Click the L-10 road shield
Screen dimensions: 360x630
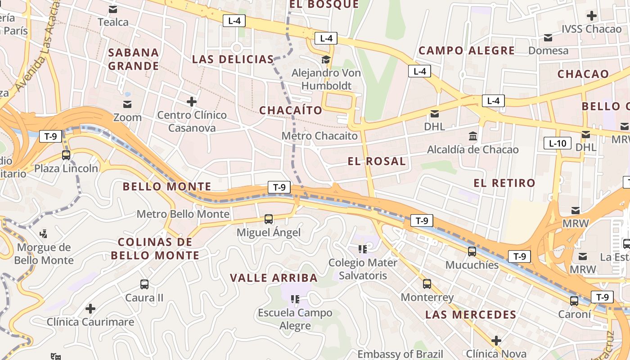[558, 144]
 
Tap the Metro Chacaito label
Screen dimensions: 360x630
[319, 135]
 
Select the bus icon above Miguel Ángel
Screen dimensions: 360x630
[269, 219]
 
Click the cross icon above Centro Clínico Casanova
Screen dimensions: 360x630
[192, 102]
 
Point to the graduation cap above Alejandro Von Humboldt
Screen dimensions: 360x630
[325, 59]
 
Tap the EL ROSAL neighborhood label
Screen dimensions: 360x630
[377, 161]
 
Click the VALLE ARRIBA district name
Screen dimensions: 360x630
[274, 278]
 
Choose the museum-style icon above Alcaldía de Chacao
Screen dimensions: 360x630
[473, 136]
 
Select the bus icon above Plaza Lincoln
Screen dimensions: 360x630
[66, 155]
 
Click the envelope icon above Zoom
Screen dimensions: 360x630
[127, 104]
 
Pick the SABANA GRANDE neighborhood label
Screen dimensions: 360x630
[134, 59]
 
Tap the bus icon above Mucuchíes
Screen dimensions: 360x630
[472, 252]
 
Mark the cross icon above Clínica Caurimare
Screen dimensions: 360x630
[90, 309]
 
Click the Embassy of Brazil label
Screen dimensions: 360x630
[400, 354]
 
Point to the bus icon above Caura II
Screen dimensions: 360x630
[144, 284]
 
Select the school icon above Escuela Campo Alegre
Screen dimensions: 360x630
[295, 299]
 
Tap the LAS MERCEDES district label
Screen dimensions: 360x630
[471, 315]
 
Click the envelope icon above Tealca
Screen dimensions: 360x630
[113, 9]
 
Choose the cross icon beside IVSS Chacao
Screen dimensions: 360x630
[592, 16]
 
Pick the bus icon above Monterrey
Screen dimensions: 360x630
[427, 284]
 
